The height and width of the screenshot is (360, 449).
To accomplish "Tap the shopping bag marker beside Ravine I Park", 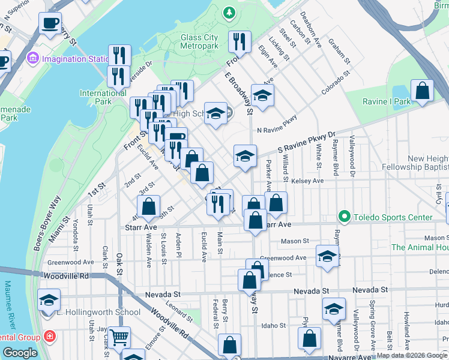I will click(423, 91).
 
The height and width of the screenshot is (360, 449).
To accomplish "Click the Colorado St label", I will click(336, 85).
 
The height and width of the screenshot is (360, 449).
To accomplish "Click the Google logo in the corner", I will click(20, 353).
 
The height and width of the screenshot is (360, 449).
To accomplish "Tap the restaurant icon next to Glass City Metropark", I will click(240, 41).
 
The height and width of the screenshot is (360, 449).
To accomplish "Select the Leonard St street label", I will click(179, 309).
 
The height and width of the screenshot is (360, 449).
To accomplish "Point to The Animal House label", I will click(420, 247).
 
